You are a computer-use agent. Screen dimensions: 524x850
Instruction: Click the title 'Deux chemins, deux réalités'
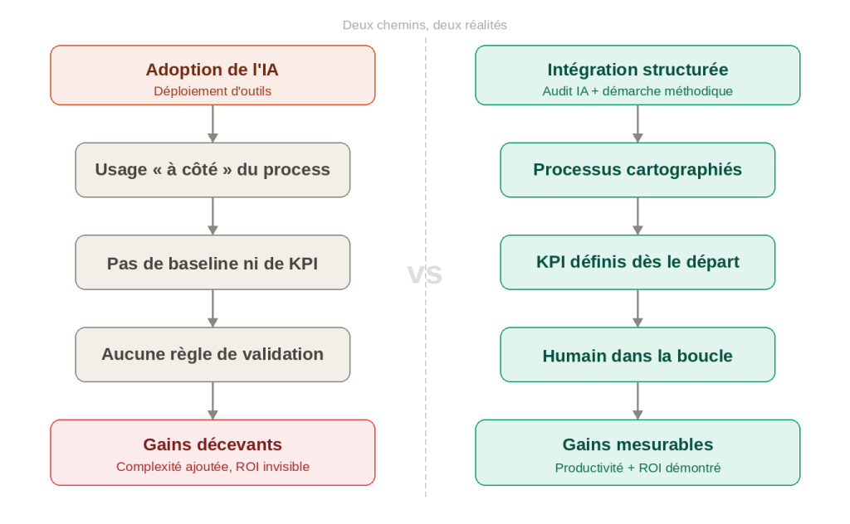click(x=424, y=25)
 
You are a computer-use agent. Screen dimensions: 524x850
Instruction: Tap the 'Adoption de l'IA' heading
click(x=212, y=70)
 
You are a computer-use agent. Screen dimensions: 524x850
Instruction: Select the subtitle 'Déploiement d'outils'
click(x=212, y=91)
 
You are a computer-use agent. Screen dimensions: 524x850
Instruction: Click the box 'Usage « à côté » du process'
click(x=212, y=170)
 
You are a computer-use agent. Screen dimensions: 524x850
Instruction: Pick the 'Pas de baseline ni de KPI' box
click(x=212, y=263)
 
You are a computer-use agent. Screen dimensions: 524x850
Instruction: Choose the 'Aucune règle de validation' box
click(x=212, y=355)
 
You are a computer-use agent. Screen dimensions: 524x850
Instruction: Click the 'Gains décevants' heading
click(x=212, y=444)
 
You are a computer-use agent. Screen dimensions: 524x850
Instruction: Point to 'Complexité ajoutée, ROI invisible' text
click(x=212, y=467)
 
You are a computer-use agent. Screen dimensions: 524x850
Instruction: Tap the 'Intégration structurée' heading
click(x=637, y=70)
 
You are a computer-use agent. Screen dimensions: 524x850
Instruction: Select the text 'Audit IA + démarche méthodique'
click(x=637, y=91)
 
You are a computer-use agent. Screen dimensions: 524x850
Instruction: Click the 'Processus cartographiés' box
click(x=637, y=170)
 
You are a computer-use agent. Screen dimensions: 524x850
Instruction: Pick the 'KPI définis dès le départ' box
click(x=637, y=263)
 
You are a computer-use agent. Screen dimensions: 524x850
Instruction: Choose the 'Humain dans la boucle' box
click(x=637, y=356)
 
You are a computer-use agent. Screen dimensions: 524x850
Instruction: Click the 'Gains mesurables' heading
click(x=637, y=444)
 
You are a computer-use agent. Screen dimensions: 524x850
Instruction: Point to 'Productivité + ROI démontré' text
click(x=637, y=468)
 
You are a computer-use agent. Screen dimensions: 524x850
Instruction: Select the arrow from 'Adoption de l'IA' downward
click(x=212, y=124)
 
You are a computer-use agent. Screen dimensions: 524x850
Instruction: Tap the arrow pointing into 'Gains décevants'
click(x=212, y=400)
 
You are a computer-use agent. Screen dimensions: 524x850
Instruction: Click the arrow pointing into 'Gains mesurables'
click(x=637, y=400)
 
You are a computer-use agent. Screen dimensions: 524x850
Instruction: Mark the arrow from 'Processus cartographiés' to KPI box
click(x=637, y=216)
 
